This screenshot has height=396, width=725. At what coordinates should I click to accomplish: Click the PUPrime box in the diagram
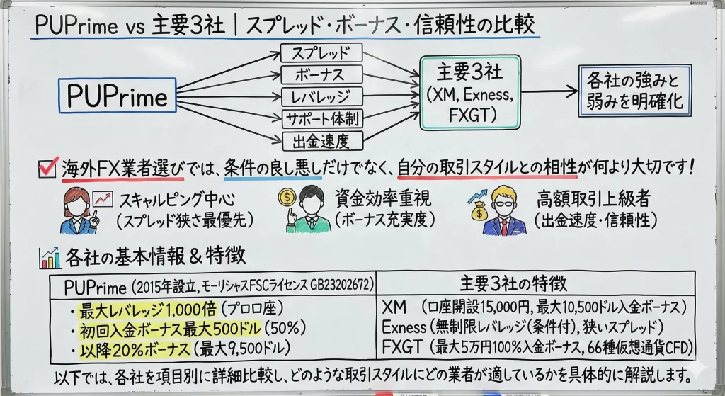point(118,96)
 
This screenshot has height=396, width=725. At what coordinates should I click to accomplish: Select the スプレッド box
point(321,52)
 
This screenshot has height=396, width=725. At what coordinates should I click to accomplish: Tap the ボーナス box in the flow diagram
point(321,74)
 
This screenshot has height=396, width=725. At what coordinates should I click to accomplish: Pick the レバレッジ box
point(321,96)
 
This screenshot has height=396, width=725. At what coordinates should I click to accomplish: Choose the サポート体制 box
point(321,118)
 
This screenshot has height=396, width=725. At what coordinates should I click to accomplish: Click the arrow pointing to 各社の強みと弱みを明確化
point(549,91)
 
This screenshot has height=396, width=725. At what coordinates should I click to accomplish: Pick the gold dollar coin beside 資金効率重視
point(287,197)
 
